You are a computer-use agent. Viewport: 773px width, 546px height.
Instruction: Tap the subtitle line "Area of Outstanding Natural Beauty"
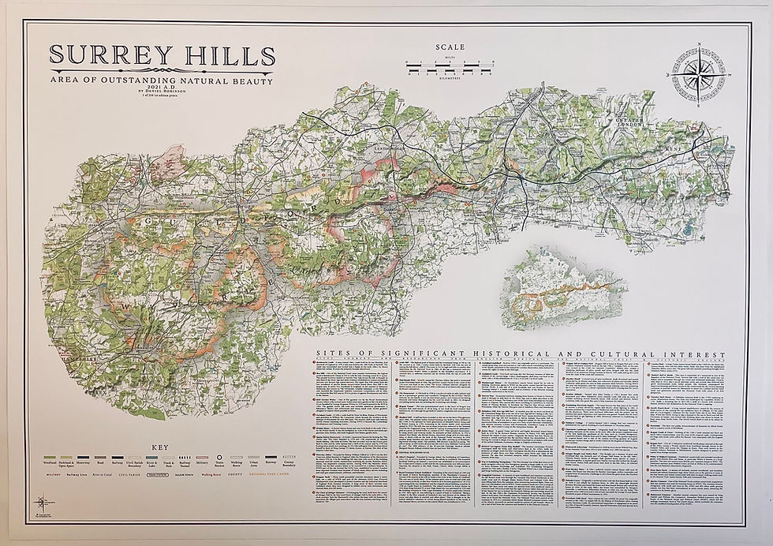[161, 80]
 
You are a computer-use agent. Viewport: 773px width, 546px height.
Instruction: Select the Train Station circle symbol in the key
[221, 457]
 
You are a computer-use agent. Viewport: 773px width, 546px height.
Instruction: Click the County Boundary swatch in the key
[289, 457]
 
